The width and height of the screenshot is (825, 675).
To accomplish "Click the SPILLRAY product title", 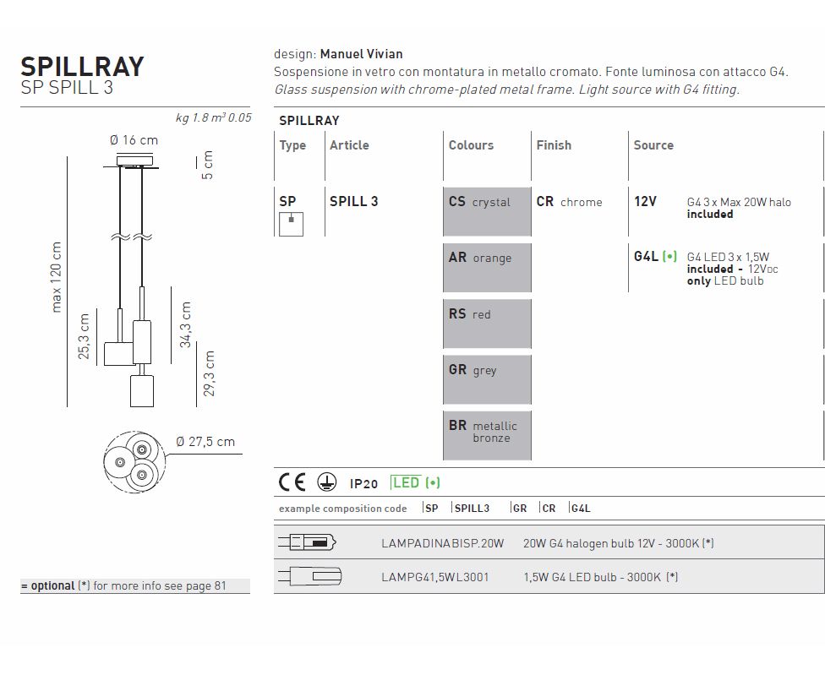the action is (82, 67).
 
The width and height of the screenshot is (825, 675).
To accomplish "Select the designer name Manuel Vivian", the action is (362, 54).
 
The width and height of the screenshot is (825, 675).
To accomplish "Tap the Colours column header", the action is (471, 145).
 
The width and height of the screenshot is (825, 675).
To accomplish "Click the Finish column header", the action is (554, 145).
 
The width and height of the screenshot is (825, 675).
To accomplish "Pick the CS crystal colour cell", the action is (487, 211).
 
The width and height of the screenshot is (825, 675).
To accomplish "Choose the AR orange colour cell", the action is (487, 268).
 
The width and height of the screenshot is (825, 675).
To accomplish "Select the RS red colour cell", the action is (487, 324).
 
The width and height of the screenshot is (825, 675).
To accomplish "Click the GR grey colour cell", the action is (487, 379).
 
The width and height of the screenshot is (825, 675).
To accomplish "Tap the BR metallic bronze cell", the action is (487, 435).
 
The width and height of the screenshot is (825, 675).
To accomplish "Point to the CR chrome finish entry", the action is (569, 202).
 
